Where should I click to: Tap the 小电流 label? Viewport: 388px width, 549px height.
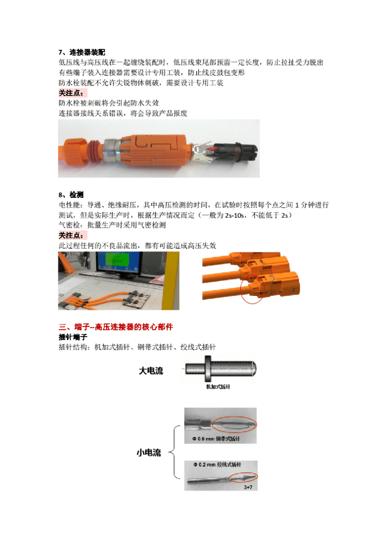[149, 453]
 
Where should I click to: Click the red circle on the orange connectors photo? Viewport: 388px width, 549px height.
[251, 290]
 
